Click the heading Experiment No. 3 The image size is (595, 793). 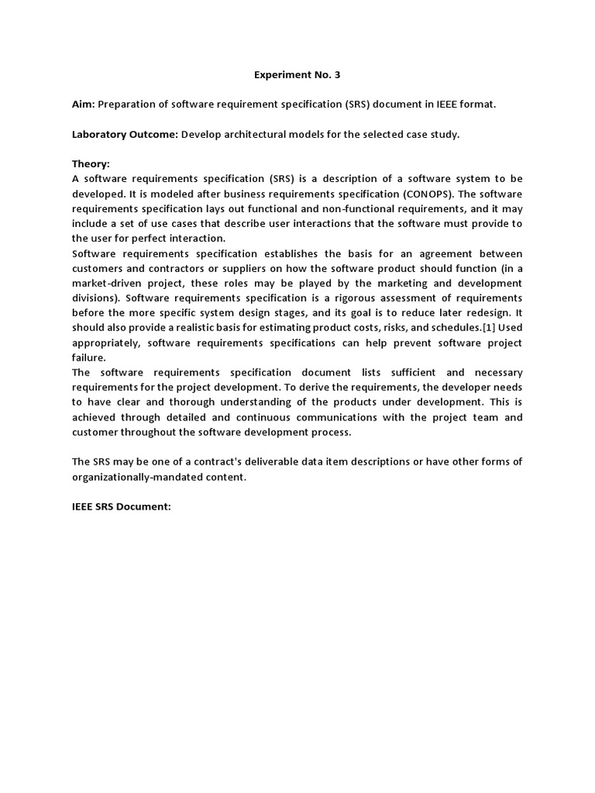click(x=297, y=75)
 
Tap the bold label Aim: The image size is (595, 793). click(x=84, y=105)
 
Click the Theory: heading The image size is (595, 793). click(x=91, y=164)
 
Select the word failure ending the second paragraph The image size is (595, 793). click(x=89, y=358)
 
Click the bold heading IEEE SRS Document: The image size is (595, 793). click(x=121, y=506)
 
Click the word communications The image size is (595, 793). click(x=322, y=417)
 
